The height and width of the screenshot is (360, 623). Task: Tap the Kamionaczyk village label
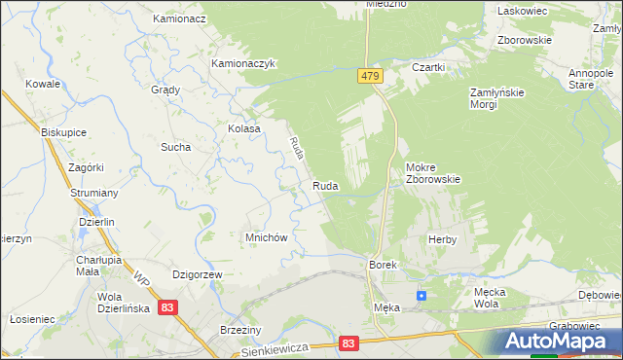pos(245,64)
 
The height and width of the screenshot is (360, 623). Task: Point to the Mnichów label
pos(264,236)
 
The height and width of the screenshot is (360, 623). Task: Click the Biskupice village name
pos(65,131)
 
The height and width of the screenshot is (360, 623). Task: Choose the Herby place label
pos(442,238)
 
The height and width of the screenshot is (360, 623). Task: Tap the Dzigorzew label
pos(198,275)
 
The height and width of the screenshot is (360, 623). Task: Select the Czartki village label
pos(428,67)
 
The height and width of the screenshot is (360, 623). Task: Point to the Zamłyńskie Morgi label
pos(497,98)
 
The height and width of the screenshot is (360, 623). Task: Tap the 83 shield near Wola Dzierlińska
pos(169,307)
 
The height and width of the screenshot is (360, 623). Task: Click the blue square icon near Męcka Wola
pos(421,295)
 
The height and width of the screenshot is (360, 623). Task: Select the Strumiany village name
pos(94,193)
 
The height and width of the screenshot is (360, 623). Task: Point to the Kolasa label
pos(244,128)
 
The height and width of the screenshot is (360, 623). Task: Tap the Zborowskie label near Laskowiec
pos(525,41)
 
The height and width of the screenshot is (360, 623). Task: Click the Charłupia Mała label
pos(98,266)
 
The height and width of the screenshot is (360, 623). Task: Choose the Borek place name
pos(381,265)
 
